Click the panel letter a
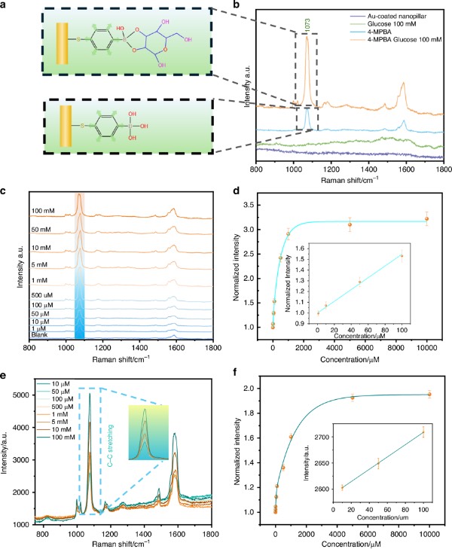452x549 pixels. click(5, 5)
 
